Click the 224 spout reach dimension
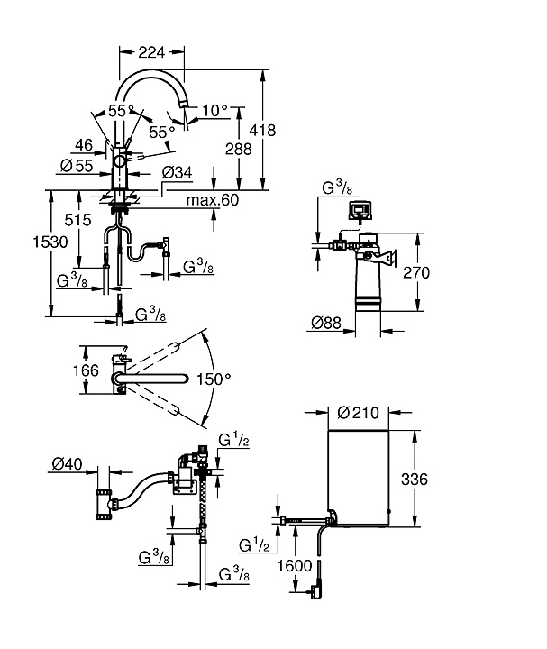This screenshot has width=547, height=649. [150, 53]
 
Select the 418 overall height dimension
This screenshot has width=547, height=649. [289, 130]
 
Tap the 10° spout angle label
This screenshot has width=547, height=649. [215, 111]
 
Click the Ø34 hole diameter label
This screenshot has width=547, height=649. [176, 171]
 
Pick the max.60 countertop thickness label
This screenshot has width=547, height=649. [213, 200]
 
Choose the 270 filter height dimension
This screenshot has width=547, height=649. [442, 272]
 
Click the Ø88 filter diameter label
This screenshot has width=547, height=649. [325, 323]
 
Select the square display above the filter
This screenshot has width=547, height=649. [360, 213]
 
